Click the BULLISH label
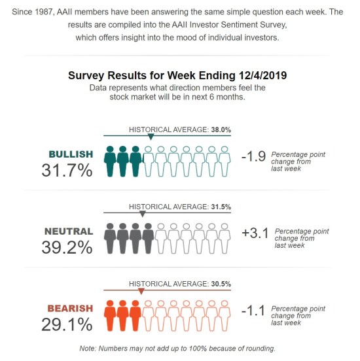tap(71, 154)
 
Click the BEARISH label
tap(70, 308)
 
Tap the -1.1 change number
tap(253, 311)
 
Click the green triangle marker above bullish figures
tap(151, 137)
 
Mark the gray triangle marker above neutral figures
tap(143, 214)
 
